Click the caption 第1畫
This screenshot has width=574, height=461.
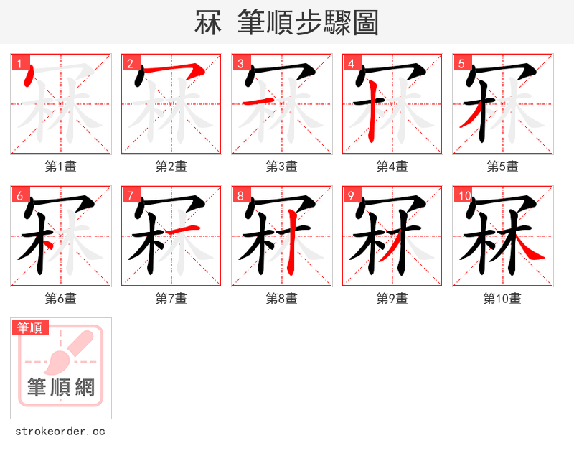(x=61, y=166)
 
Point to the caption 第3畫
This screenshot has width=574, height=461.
(x=282, y=166)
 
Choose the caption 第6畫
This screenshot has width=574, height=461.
(x=61, y=298)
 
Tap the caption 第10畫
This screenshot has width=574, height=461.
(x=502, y=298)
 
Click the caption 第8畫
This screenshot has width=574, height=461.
(x=282, y=298)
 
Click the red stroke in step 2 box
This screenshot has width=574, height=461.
(x=176, y=70)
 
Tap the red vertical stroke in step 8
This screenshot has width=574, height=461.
(x=292, y=251)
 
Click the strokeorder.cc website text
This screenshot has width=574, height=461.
(x=60, y=432)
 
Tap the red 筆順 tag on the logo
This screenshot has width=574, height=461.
(x=30, y=327)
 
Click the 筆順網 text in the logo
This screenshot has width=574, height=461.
(x=61, y=388)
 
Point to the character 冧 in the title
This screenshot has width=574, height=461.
(x=207, y=23)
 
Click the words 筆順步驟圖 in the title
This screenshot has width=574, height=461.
(x=313, y=23)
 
